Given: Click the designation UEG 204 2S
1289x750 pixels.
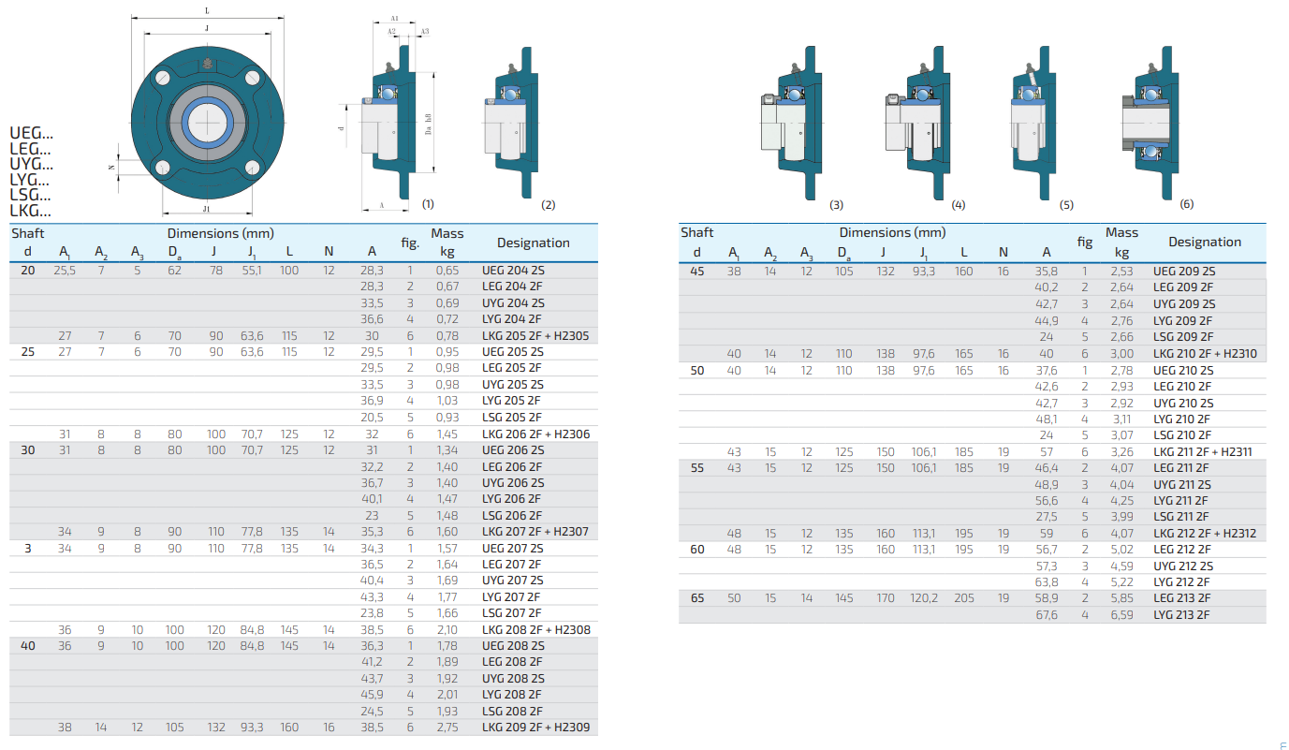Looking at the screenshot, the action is [x=513, y=270].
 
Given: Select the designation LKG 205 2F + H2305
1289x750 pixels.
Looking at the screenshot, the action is [x=535, y=335].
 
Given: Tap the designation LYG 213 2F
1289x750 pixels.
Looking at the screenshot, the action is [x=1181, y=615].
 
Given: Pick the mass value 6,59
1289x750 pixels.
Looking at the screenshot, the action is [x=1121, y=615].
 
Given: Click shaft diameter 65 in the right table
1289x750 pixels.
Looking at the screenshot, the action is [x=696, y=598].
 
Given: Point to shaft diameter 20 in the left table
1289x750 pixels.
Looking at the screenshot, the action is [x=28, y=270].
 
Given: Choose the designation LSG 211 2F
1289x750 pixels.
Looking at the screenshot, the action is [x=1180, y=516].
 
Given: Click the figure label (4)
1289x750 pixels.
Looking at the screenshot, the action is [x=959, y=205].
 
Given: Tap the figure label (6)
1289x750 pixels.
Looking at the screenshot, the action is [x=1187, y=204].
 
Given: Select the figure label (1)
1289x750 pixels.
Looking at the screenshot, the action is [x=428, y=204].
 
